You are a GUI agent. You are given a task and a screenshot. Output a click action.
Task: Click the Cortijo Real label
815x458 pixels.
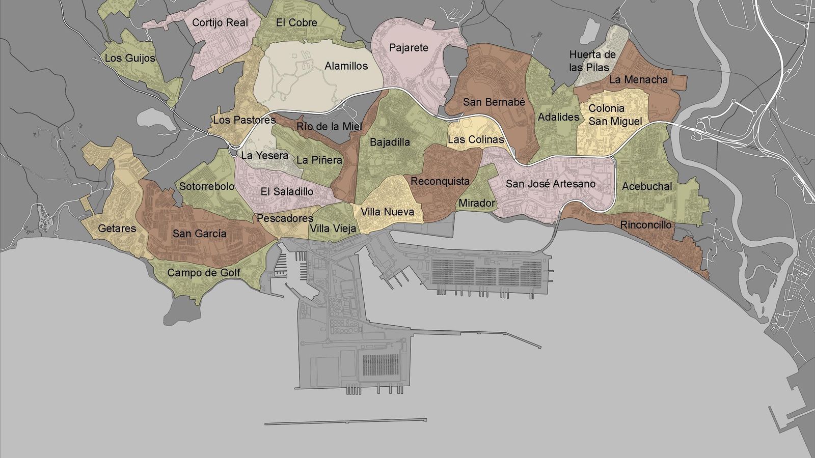point(220,23)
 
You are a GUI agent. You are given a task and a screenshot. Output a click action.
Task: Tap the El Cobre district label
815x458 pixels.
point(296,23)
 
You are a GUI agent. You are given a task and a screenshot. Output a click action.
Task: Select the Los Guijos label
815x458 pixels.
point(130,59)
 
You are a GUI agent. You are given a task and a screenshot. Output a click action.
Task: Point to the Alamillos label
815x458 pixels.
point(346,66)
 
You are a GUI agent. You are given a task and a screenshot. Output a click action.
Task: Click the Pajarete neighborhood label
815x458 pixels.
point(409,48)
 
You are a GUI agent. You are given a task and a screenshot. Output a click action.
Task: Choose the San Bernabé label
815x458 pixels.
point(494,102)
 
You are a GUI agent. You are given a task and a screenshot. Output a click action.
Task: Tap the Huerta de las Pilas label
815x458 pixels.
point(592,61)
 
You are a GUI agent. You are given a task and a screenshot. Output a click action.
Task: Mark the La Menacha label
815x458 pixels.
point(638,80)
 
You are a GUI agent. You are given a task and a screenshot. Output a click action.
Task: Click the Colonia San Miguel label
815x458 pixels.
point(615,115)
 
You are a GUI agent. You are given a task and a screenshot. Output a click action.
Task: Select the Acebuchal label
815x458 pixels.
point(647,187)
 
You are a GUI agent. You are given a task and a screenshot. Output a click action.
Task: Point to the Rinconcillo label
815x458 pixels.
point(645,225)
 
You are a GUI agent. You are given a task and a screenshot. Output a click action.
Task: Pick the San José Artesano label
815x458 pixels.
point(551,184)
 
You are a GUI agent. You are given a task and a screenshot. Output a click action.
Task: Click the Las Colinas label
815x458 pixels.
point(476,140)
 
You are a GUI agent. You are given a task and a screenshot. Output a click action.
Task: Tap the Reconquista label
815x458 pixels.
point(440,182)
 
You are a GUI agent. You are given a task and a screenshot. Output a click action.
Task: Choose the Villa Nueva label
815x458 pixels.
point(387,212)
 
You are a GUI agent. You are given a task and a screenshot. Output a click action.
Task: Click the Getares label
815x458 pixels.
point(117,229)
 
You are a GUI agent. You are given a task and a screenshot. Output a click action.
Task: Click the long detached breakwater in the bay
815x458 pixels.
point(346,421)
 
